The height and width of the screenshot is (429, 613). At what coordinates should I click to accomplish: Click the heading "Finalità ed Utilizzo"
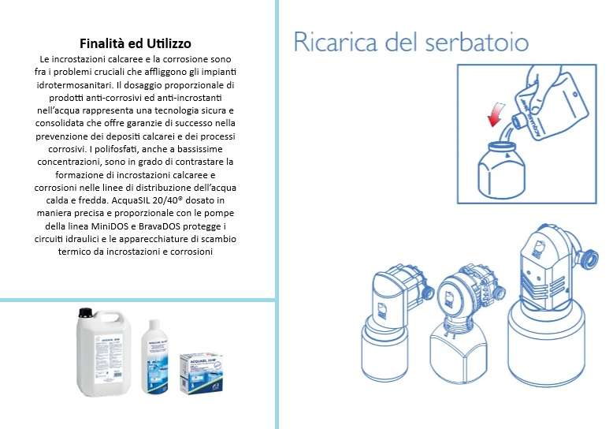point(136,43)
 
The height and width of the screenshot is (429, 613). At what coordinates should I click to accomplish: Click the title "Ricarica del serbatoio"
point(411,41)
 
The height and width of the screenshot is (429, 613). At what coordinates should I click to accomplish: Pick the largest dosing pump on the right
point(550,304)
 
